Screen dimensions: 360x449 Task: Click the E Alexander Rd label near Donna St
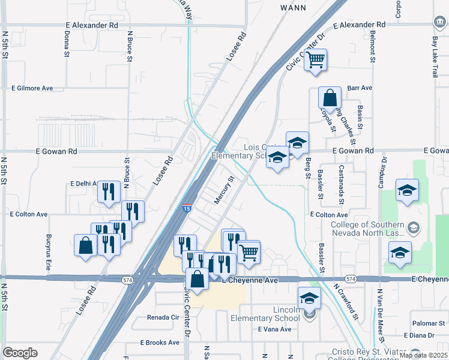pos(92,26)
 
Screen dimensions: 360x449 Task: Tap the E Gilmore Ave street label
pos(32,88)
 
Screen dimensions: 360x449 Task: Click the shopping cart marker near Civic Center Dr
pos(315,60)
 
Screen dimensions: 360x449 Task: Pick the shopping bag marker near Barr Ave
pos(330,98)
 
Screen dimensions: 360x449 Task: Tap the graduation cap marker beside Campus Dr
pos(407,190)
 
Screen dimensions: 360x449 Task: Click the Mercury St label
pos(222,190)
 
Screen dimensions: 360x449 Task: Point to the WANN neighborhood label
pos(293,8)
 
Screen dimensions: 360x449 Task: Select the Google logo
pos(20,353)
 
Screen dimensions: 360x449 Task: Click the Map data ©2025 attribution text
pos(423,355)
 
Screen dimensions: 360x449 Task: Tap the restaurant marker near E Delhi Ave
pos(108,193)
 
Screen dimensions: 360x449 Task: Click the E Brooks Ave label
pos(160,343)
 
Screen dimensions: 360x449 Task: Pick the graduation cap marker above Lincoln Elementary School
pos(310,298)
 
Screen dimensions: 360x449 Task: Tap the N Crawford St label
pos(346,300)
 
